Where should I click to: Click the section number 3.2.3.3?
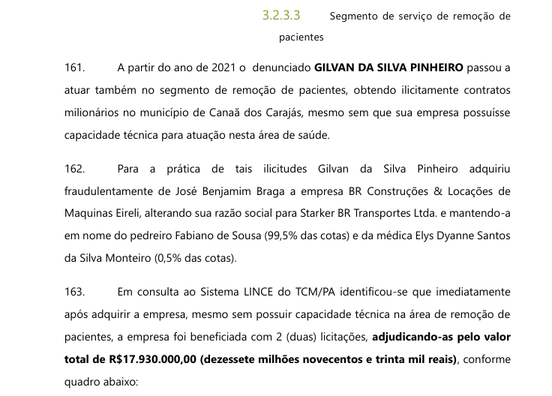[x=281, y=15]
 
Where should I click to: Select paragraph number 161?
[x=76, y=67]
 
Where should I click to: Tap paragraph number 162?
[x=76, y=170]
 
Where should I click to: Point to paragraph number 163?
[x=76, y=291]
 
